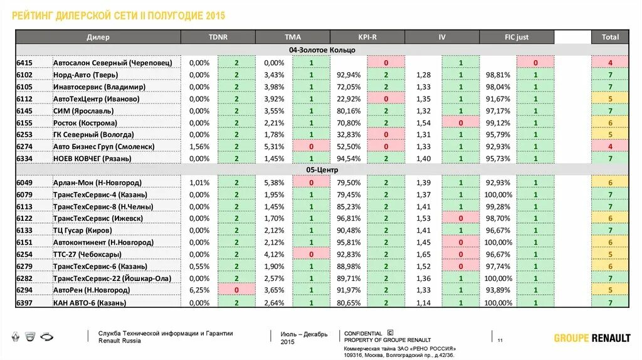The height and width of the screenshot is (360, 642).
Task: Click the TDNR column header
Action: (218, 37)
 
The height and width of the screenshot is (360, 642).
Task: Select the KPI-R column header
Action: (367, 37)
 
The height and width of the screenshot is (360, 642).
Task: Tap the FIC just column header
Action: (517, 37)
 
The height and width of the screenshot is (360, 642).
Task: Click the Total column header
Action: (610, 37)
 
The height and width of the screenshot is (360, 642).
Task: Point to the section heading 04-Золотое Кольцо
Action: (322, 50)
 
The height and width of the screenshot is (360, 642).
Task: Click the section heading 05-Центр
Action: (322, 170)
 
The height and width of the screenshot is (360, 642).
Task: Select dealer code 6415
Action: (24, 63)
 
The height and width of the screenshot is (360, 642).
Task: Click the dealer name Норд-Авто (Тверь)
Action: (85, 75)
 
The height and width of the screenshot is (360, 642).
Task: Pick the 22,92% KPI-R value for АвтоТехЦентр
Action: (349, 98)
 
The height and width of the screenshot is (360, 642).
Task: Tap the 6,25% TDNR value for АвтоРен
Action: (199, 290)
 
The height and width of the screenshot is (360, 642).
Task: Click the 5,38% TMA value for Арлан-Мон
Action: (274, 183)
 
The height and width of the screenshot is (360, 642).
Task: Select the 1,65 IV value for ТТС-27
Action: (423, 255)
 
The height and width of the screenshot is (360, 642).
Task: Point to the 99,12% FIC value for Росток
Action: (498, 123)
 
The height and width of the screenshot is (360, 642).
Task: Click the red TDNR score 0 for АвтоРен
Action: (236, 290)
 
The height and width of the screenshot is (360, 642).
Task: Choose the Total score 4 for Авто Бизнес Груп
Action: (610, 147)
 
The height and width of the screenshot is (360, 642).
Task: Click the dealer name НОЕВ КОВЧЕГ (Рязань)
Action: (92, 159)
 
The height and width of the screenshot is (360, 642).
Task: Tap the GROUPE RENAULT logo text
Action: (592, 338)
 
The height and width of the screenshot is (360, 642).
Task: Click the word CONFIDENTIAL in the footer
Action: (363, 334)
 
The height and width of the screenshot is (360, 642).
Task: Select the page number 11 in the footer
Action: (500, 341)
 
